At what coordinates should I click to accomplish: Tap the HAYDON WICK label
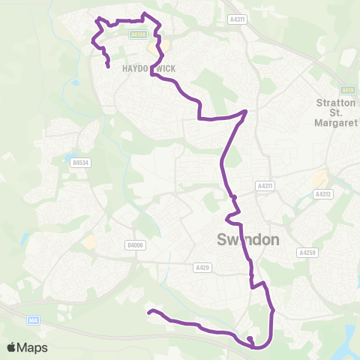pos(148,68)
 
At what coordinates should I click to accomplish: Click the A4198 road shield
pos(137,34)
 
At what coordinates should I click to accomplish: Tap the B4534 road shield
pos(80,161)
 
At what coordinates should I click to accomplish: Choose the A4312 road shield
pos(322,193)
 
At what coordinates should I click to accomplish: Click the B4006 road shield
pos(134,244)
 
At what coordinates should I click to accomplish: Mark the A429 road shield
pos(202,267)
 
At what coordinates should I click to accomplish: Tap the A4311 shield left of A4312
pos(265,185)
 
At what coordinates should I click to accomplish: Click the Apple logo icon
pos(12,347)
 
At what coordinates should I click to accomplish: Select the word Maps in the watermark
pos(33,347)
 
